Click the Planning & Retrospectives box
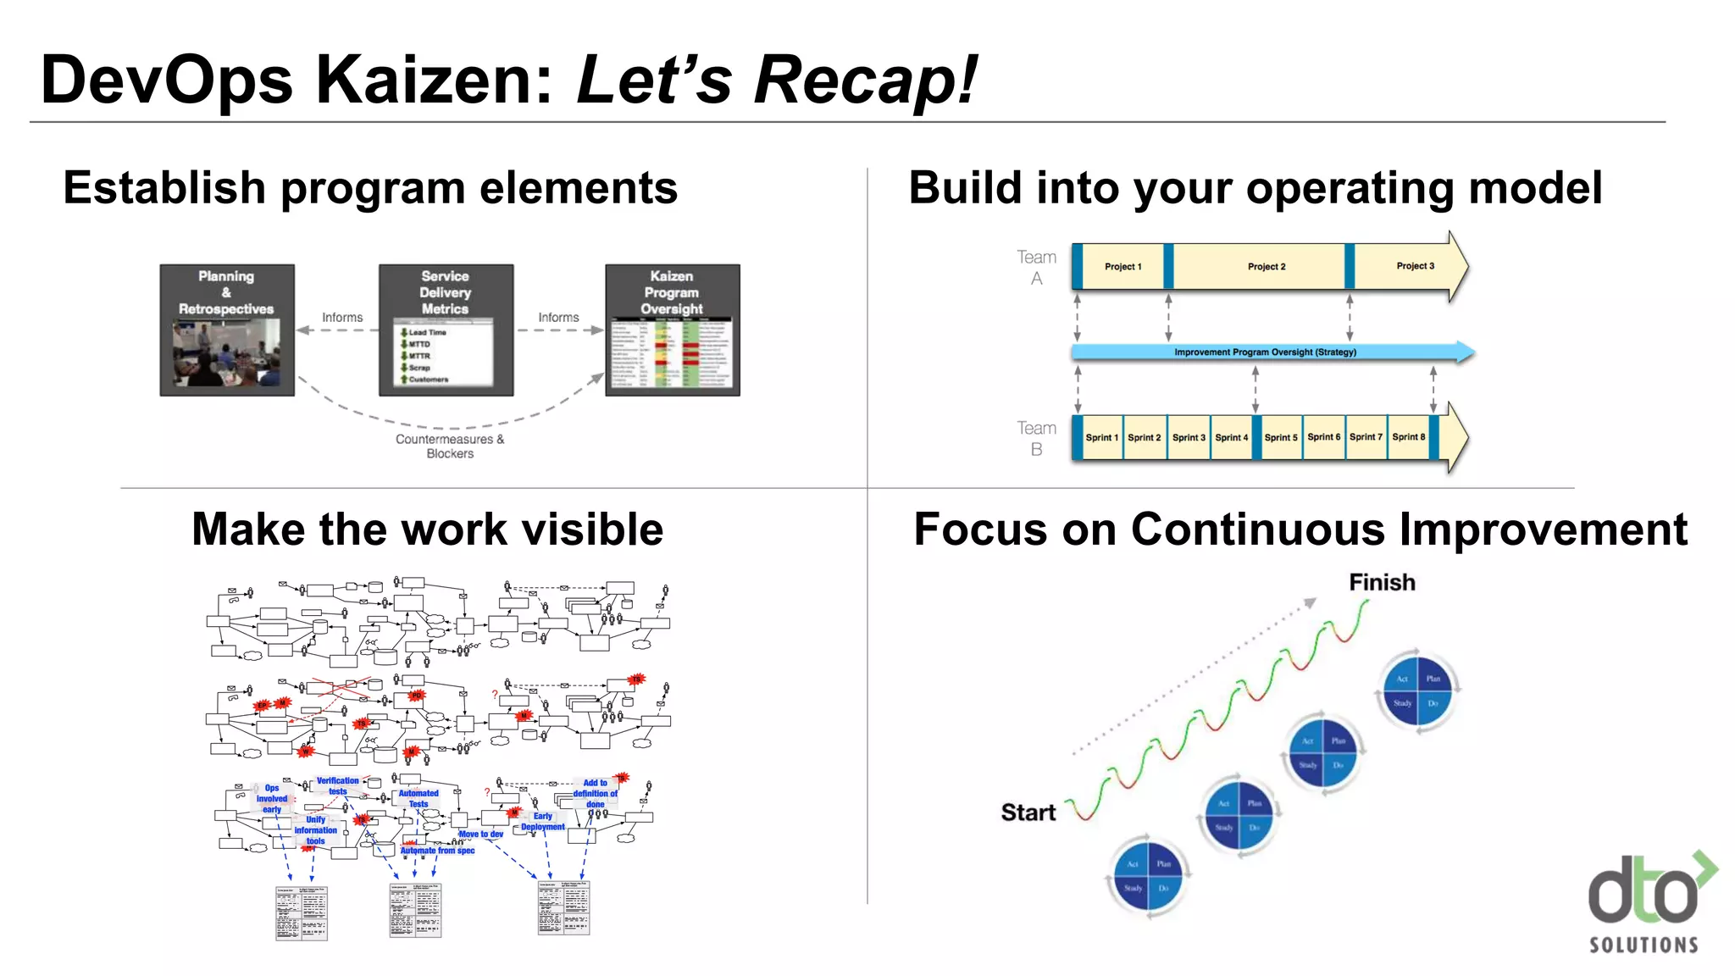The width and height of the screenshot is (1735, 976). coord(227,330)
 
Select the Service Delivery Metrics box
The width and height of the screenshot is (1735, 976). coord(446,330)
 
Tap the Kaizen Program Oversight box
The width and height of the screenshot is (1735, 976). coord(672,330)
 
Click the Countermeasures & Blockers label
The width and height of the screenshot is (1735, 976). coord(450,446)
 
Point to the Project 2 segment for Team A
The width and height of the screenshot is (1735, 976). coord(1266,266)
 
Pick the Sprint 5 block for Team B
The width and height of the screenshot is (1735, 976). coord(1281,437)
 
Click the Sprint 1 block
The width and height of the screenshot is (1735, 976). coord(1101,437)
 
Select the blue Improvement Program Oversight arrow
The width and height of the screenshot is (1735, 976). coord(1266,352)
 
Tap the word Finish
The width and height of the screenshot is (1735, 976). coord(1382,582)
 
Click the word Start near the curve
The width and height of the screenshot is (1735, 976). coord(1028,812)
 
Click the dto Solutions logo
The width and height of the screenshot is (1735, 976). coord(1648,903)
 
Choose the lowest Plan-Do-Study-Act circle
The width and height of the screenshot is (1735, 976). coord(1148,875)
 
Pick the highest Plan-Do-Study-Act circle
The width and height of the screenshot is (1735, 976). coord(1417,690)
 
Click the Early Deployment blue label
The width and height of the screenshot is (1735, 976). coord(542,822)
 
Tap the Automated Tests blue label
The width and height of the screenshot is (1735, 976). coord(419,799)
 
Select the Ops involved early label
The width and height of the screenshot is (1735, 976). coord(271,799)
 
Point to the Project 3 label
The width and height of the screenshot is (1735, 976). coord(1415,266)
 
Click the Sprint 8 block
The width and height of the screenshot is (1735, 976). coord(1408,437)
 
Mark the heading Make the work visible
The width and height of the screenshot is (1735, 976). coord(427,530)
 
